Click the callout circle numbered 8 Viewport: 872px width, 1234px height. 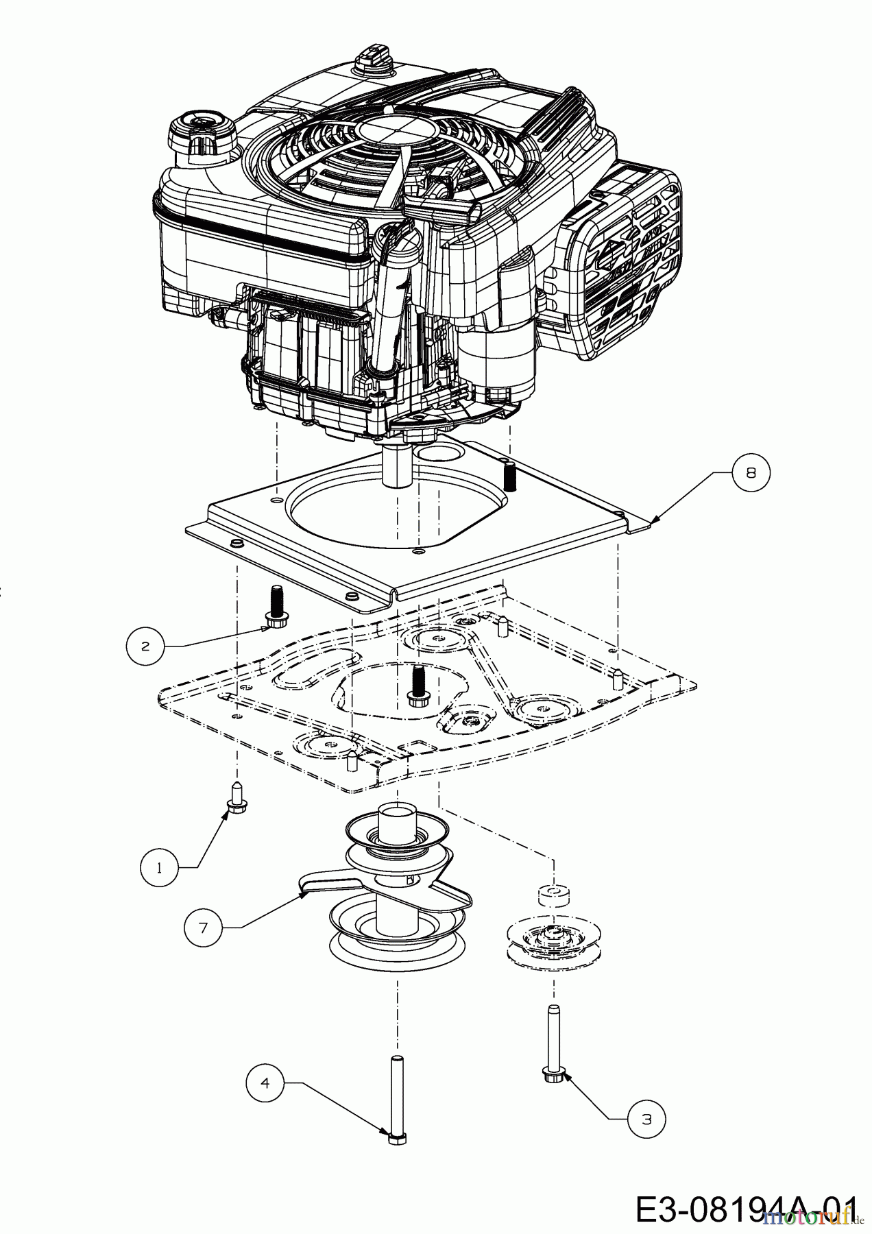pos(750,473)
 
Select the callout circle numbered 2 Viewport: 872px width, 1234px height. pos(145,646)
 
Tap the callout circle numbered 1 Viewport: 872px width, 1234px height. pos(160,868)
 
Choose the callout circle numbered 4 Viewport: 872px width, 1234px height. pos(265,1082)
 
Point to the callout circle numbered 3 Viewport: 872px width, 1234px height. pos(646,1120)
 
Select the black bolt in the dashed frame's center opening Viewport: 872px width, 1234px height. pos(415,685)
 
